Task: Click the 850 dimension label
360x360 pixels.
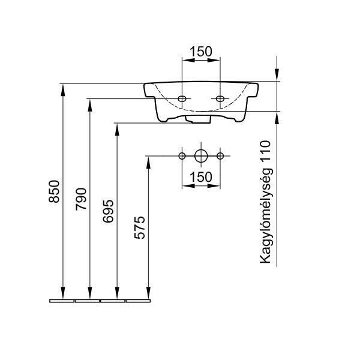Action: pyautogui.click(x=54, y=191)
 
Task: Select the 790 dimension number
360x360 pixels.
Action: pyautogui.click(x=81, y=199)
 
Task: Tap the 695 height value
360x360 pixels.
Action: pyautogui.click(x=108, y=211)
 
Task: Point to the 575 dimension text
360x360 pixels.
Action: pyautogui.click(x=140, y=227)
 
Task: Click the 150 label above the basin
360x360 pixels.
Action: pyautogui.click(x=201, y=52)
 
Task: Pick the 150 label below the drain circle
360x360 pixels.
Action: pyautogui.click(x=201, y=177)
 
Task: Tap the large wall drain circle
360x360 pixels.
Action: pyautogui.click(x=201, y=156)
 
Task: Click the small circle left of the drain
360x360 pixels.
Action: pyautogui.click(x=182, y=156)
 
